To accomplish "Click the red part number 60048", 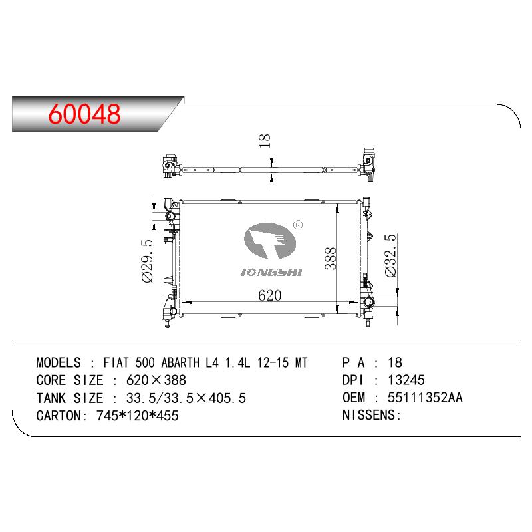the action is [x=84, y=113].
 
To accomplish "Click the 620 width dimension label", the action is [x=270, y=295].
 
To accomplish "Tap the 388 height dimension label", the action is [x=331, y=259].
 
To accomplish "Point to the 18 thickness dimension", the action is [x=264, y=140].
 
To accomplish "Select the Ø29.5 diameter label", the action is [x=147, y=261].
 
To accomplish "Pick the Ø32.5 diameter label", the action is [x=390, y=255].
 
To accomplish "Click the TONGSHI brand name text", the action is [x=271, y=272].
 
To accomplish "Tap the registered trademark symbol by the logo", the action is [x=297, y=225].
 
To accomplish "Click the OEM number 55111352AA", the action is [x=425, y=398].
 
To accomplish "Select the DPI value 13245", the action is [x=406, y=380].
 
